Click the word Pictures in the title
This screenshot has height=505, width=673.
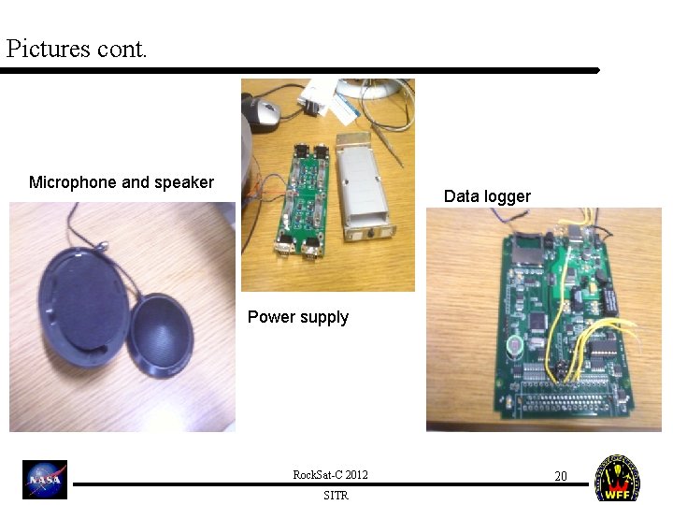click(x=47, y=48)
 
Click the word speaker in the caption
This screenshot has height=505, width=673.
click(x=184, y=182)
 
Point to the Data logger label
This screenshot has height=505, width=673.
click(x=487, y=196)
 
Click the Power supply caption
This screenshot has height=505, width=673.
click(x=297, y=317)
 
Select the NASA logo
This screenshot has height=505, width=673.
click(x=45, y=480)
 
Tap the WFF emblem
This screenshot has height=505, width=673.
click(x=618, y=479)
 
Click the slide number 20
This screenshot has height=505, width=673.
click(x=561, y=476)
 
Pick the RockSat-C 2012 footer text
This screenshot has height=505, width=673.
click(x=330, y=475)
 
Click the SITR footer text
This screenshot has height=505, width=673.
click(x=336, y=496)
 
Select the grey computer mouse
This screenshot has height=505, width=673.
click(x=263, y=113)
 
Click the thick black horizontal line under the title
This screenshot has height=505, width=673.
click(x=299, y=70)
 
